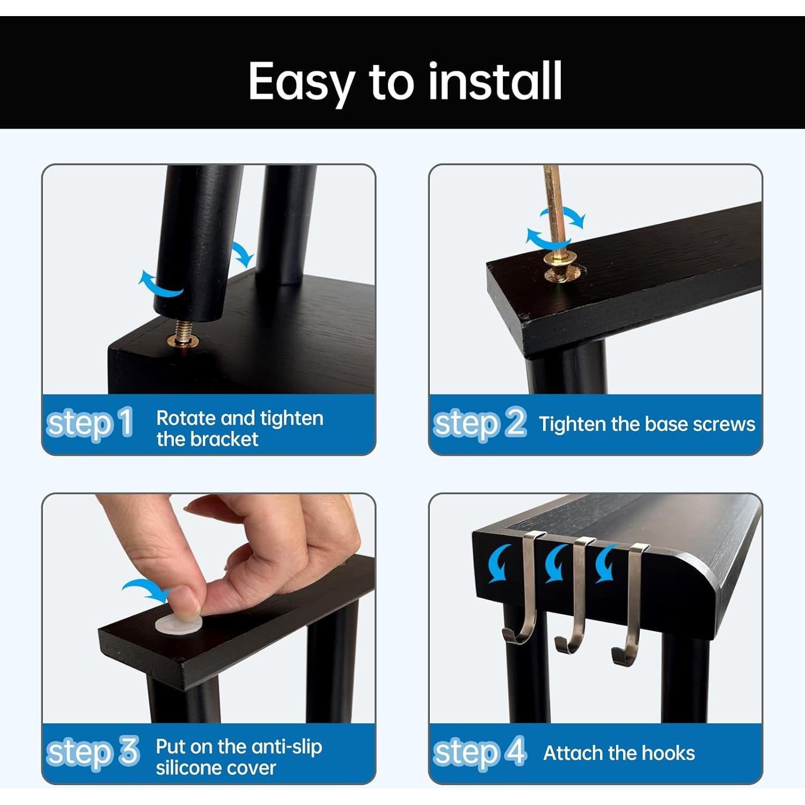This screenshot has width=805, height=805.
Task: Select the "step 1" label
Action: coord(90,423)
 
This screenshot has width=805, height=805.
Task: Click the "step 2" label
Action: coord(480,423)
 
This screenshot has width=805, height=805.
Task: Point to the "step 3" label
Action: coord(93,752)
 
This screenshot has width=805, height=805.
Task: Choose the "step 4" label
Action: coord(480,752)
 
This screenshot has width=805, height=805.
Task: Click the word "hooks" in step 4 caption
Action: coord(668,753)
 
